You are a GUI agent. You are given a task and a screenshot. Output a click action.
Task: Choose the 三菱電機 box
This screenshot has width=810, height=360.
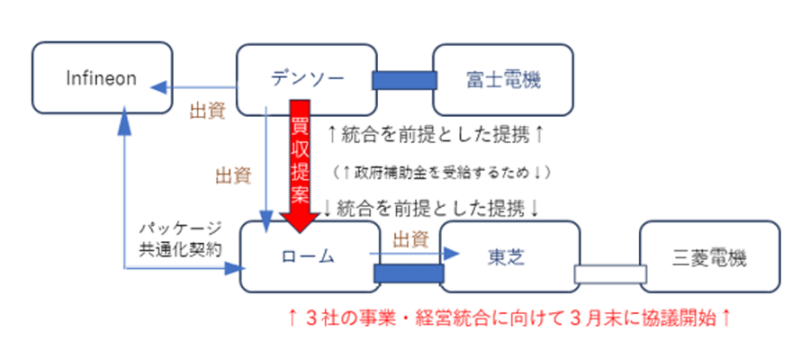[x=709, y=256]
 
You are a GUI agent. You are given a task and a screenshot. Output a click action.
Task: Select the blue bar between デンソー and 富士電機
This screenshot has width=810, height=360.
[x=403, y=80]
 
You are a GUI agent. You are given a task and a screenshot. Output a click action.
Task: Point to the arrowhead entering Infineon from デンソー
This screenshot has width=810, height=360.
[x=157, y=86]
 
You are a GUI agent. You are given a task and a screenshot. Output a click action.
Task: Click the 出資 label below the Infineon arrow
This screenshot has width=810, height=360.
[x=206, y=113]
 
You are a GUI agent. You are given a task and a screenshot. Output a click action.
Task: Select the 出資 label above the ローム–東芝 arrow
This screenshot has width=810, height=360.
[x=409, y=238]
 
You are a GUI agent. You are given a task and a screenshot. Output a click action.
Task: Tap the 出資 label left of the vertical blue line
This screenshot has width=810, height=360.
[x=232, y=175]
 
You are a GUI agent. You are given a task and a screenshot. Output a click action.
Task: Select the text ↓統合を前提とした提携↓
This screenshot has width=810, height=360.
[x=430, y=208]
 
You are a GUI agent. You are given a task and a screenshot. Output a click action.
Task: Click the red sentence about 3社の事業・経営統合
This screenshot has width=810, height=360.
[x=508, y=317]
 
